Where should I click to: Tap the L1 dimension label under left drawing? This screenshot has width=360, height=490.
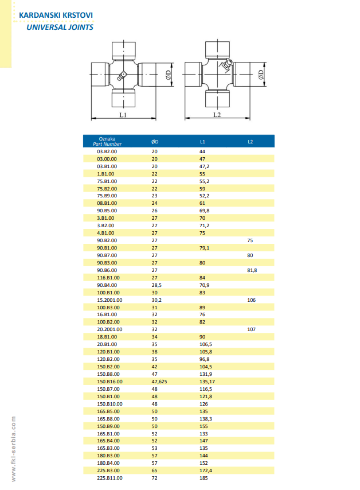click(x=123, y=115)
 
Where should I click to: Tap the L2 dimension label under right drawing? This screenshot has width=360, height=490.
click(x=217, y=115)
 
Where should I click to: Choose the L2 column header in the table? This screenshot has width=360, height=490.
click(x=251, y=141)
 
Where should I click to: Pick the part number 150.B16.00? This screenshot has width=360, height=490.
click(x=110, y=381)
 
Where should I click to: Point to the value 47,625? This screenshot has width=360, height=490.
click(x=159, y=381)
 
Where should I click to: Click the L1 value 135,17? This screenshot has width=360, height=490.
click(x=208, y=381)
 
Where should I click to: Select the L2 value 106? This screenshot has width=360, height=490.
click(x=251, y=300)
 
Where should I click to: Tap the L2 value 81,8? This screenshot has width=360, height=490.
click(x=252, y=270)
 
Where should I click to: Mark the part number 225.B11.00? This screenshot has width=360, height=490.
click(x=110, y=478)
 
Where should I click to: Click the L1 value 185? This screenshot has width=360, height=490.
click(x=204, y=478)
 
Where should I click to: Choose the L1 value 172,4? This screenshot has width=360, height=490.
click(x=205, y=470)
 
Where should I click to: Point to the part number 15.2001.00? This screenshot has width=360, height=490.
click(x=110, y=300)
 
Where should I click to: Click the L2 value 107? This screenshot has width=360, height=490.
click(x=251, y=330)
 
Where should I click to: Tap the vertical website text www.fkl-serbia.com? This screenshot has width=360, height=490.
click(x=13, y=448)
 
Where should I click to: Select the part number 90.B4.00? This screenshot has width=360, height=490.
click(x=107, y=285)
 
